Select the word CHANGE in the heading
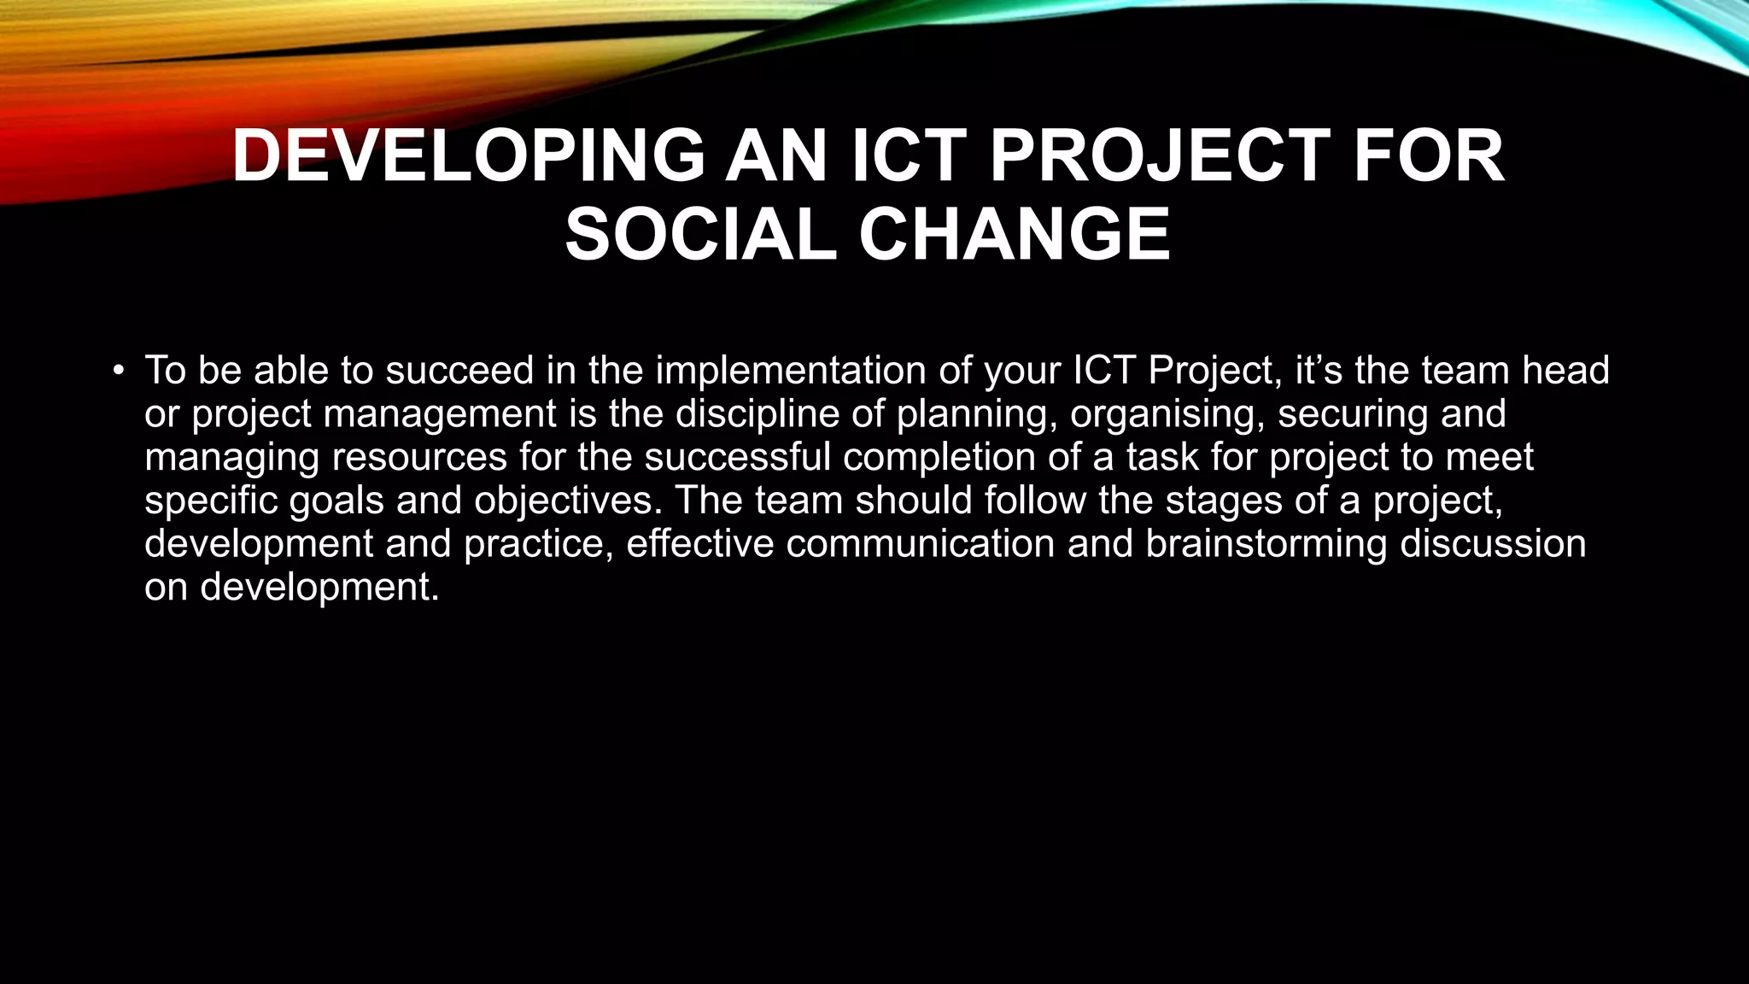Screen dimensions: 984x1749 pyautogui.click(x=1014, y=235)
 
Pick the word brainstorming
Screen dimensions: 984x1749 pyautogui.click(x=1266, y=544)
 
